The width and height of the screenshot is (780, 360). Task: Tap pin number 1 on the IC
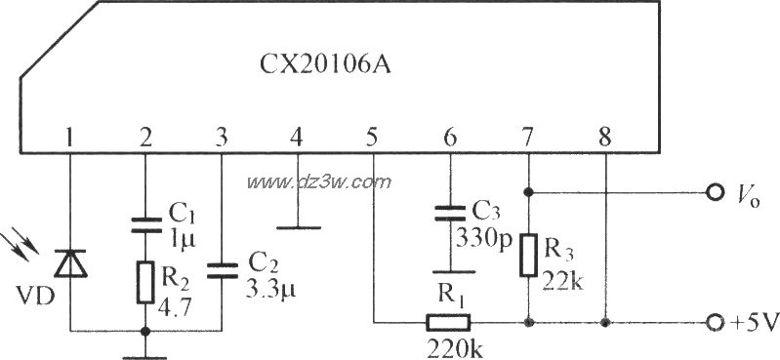coord(69,137)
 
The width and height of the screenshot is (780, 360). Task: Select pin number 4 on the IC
coord(297,137)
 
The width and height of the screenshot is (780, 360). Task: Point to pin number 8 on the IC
coord(605,137)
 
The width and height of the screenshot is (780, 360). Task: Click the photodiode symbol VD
coord(69,262)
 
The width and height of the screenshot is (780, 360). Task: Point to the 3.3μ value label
coord(264,289)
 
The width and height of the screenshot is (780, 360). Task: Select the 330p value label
coord(478,235)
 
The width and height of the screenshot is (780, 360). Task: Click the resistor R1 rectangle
coord(448,322)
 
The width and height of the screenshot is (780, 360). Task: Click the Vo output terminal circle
coord(716,191)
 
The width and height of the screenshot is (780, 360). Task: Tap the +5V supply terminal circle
coord(716,322)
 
